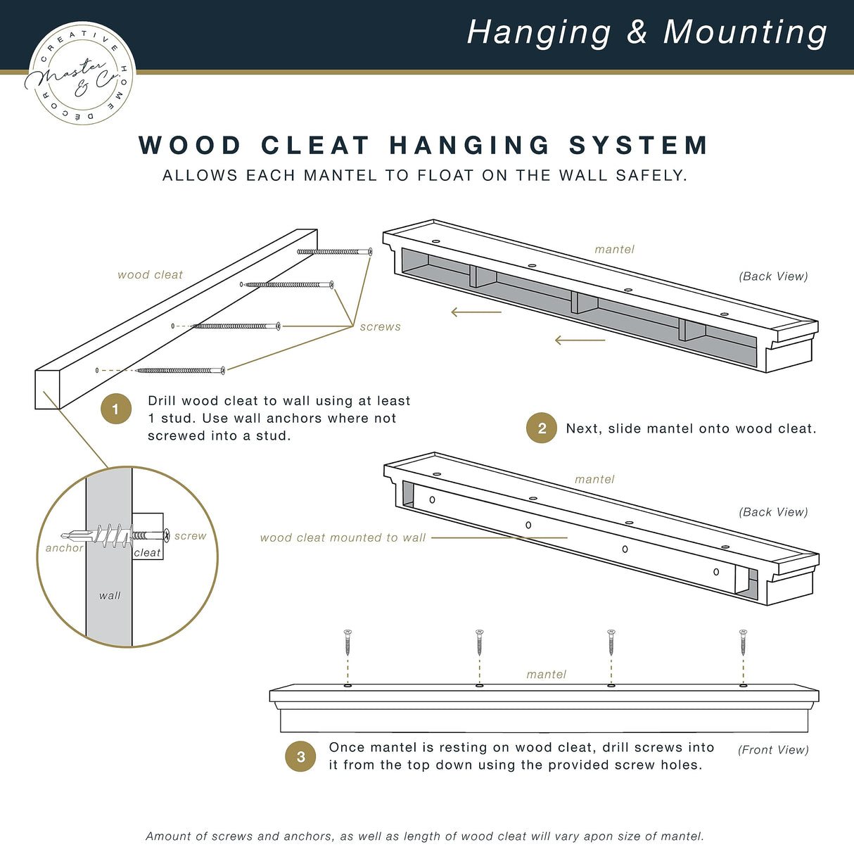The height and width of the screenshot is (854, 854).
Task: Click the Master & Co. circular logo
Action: coord(81,73)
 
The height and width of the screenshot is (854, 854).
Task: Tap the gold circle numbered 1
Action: coord(116,409)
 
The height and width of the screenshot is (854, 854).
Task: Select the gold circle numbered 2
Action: coord(542,428)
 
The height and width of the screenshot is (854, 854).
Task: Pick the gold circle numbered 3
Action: coord(300,756)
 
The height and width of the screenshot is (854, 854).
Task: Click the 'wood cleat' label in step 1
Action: coord(150,275)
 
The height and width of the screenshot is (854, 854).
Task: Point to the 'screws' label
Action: coord(380,327)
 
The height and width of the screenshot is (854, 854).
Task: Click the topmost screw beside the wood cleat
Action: coord(335,251)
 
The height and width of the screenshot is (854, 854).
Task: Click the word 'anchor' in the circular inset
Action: coord(64,548)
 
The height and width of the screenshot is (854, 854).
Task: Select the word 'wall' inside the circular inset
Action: coord(110,595)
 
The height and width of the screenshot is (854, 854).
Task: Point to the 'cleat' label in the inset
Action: coord(147,553)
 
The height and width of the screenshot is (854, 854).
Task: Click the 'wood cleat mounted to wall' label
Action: coord(343,537)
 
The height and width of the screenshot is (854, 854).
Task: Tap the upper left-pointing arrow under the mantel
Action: coord(476,312)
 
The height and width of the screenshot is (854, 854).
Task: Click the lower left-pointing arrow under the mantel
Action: coord(580,340)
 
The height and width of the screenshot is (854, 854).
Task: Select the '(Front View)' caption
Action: coord(773,750)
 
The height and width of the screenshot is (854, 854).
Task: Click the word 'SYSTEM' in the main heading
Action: coord(638,146)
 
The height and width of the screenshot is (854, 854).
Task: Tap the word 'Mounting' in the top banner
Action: coord(745,32)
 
